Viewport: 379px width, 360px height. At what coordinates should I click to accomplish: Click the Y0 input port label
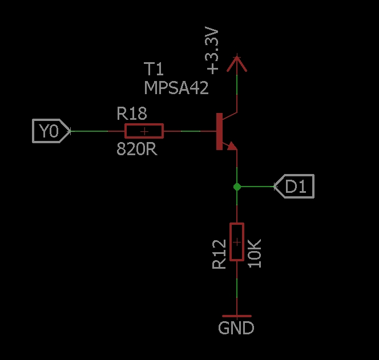tap(50, 131)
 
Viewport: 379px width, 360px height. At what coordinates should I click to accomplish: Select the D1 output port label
tap(295, 187)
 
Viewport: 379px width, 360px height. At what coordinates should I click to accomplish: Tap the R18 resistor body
tap(144, 131)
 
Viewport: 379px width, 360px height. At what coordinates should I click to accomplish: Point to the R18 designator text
tap(132, 114)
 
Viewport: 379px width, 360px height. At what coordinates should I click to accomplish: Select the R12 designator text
tap(219, 254)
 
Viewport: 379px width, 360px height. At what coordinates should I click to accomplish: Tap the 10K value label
tap(255, 253)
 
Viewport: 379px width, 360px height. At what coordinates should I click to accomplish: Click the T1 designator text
tap(154, 70)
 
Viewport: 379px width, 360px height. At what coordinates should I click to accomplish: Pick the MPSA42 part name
tap(176, 88)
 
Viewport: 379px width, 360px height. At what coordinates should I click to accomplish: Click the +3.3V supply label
tap(212, 53)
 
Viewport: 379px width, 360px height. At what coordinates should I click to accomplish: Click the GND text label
tap(236, 329)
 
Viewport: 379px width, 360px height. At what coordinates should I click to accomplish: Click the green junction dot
tap(237, 187)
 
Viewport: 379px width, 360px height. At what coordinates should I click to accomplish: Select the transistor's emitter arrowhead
tap(231, 146)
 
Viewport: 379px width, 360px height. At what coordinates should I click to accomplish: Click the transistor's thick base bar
tap(219, 132)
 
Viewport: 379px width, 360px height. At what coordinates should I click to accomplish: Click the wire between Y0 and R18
tap(88, 131)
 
